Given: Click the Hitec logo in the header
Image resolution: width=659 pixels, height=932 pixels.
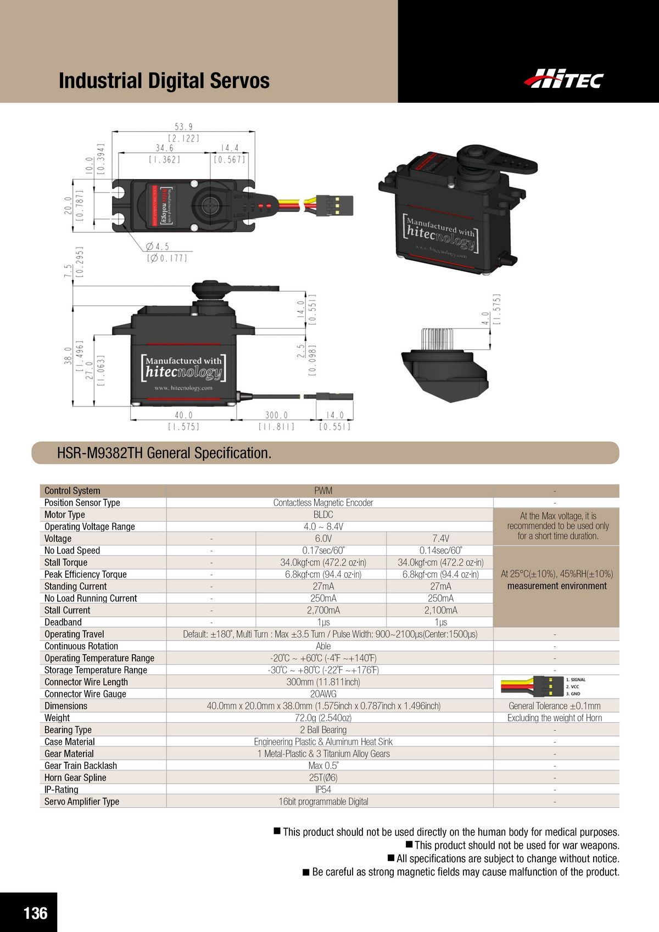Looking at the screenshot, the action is [x=563, y=80].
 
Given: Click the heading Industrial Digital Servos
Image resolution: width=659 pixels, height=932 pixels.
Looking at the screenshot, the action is [x=164, y=81].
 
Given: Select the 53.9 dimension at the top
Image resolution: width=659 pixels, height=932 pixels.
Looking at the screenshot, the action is [x=183, y=127].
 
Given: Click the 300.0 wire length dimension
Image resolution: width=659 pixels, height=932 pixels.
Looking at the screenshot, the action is [x=276, y=415].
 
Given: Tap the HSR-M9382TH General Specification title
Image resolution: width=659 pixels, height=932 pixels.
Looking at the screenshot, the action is [x=164, y=453].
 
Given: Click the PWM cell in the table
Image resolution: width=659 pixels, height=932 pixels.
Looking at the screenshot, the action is [x=323, y=490].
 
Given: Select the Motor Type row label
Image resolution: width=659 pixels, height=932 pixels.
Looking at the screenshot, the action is [x=65, y=515].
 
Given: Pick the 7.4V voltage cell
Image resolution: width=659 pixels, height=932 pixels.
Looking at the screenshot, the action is [x=440, y=538].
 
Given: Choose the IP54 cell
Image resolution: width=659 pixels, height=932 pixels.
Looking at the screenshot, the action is [x=323, y=789].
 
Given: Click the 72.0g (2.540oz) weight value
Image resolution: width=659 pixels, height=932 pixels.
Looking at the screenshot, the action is [x=323, y=718].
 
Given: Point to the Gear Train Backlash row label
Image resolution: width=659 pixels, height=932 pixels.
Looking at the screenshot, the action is [x=81, y=766].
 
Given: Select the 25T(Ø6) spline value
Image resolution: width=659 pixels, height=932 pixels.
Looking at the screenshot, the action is [x=323, y=778].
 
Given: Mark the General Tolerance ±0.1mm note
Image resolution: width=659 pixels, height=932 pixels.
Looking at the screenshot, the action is [x=555, y=706].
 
